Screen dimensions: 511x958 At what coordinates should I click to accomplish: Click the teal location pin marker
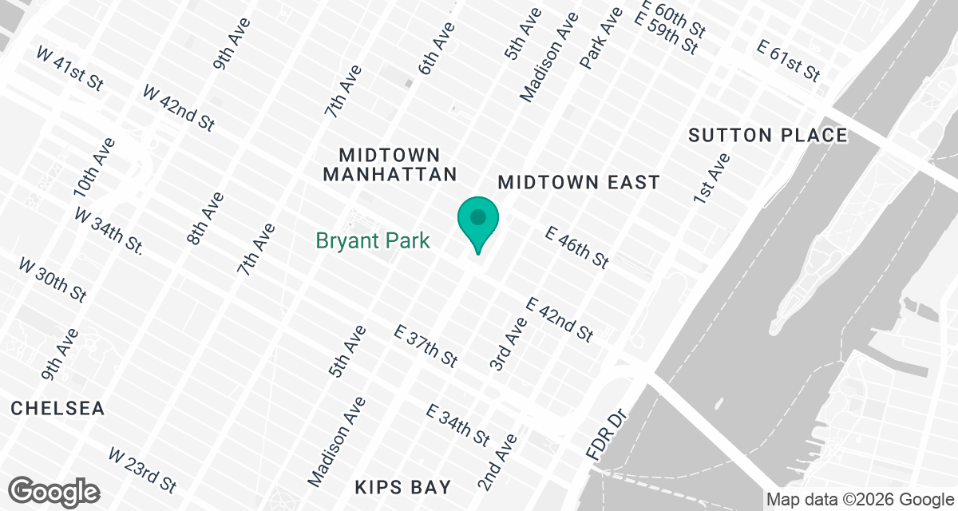click(x=478, y=223)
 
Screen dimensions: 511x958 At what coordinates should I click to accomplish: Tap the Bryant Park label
click(x=373, y=240)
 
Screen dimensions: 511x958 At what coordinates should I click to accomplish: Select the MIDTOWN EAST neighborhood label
click(x=579, y=183)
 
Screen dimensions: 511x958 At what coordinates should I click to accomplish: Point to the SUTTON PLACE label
click(x=767, y=136)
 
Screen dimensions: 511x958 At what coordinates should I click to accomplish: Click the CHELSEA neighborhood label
click(x=58, y=409)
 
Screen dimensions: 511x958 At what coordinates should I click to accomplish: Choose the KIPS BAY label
click(x=403, y=487)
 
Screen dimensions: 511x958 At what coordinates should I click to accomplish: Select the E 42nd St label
click(x=560, y=319)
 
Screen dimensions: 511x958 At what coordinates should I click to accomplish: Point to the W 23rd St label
click(x=142, y=470)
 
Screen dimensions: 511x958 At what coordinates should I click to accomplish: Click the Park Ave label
click(x=601, y=38)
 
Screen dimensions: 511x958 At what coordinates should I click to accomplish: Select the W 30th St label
click(x=52, y=279)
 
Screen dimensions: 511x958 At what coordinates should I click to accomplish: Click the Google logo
click(x=53, y=490)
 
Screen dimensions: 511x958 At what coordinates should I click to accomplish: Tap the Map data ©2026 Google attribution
click(x=860, y=500)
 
